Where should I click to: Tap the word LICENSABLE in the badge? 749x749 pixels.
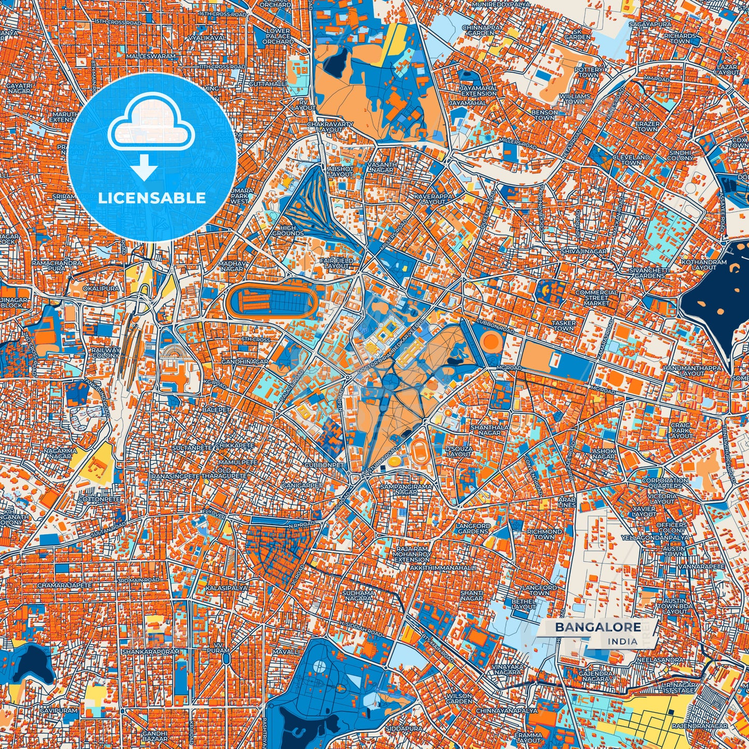[152, 197]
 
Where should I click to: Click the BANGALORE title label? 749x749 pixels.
[598, 627]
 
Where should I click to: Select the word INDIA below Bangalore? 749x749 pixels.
[623, 641]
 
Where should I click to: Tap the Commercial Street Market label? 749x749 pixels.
[596, 298]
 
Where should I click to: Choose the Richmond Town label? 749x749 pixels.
[544, 534]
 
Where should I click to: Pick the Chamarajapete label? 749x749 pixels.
[65, 585]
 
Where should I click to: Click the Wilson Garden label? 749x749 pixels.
[459, 699]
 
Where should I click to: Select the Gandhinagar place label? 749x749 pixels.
[245, 361]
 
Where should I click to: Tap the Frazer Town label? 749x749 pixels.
[648, 126]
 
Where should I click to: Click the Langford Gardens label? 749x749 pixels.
[473, 528]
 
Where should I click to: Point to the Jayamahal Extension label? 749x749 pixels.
[478, 91]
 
